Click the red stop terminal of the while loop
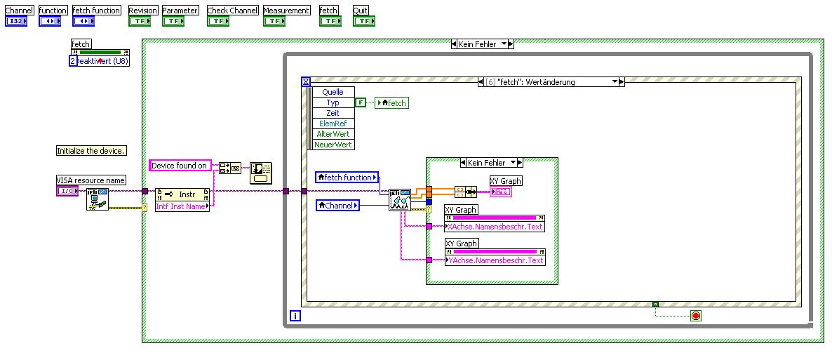(695, 316)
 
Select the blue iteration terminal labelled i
(295, 316)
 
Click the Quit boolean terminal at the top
(363, 21)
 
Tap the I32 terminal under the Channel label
(15, 21)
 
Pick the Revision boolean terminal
(139, 21)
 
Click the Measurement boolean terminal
(274, 21)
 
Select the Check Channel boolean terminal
(217, 21)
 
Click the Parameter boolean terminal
(173, 21)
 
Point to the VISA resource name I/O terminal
(67, 191)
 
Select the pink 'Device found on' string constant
(180, 166)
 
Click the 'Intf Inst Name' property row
(182, 206)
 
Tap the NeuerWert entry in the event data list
(333, 145)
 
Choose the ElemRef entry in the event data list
(333, 124)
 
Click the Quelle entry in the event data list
(333, 92)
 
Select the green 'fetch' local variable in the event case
(391, 103)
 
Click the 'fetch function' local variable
(347, 178)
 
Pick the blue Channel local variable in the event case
(338, 206)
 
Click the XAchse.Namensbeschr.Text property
(495, 227)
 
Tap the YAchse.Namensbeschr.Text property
(495, 260)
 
